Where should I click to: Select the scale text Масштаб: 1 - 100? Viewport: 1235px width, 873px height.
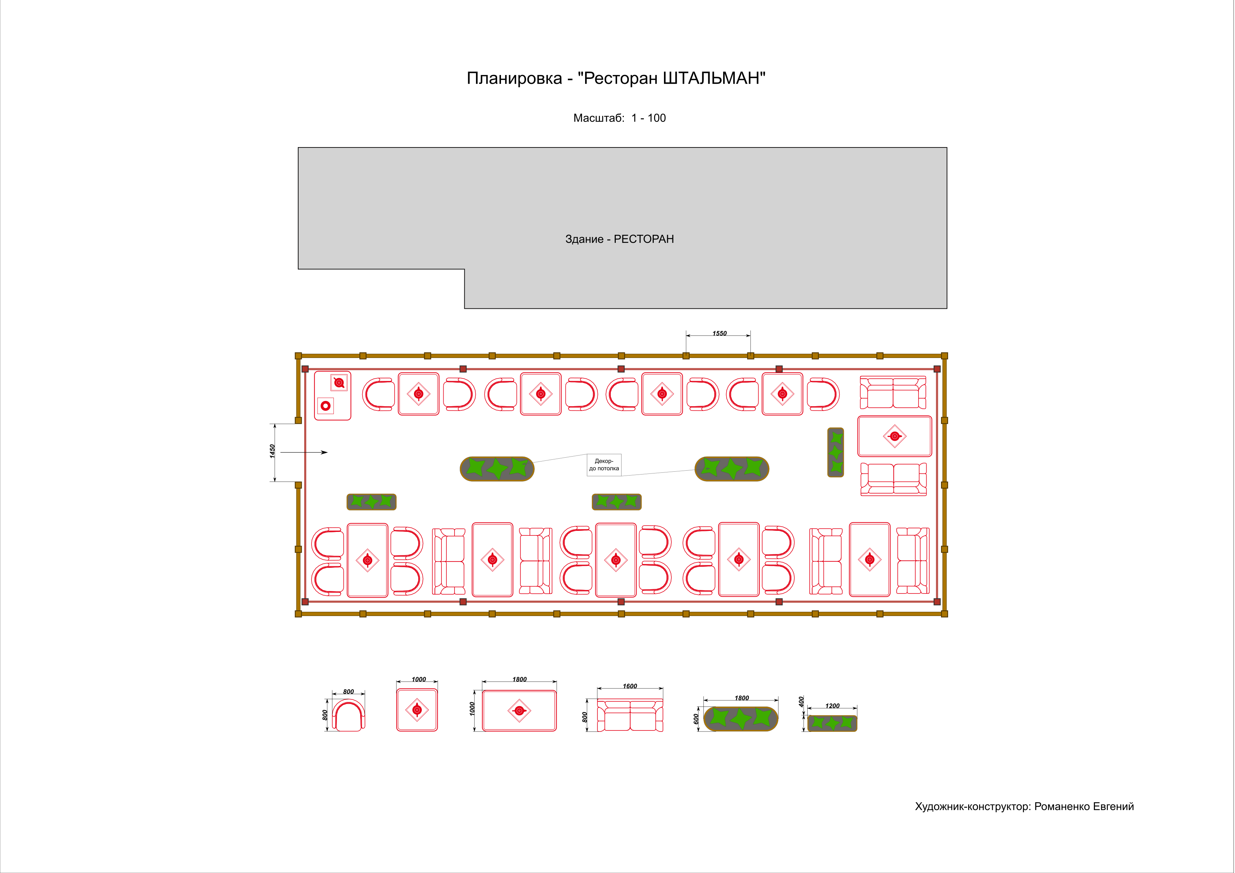click(619, 118)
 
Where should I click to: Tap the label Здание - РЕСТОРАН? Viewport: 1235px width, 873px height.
click(619, 239)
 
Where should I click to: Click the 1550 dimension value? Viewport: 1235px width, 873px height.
click(719, 333)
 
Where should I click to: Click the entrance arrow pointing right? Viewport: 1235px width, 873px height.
click(304, 452)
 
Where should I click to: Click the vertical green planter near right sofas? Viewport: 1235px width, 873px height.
click(835, 452)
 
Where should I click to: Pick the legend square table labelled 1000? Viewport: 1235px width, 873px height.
click(417, 710)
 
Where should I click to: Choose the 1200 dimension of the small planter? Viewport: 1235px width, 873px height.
click(832, 706)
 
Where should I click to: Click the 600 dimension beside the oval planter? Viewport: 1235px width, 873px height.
click(696, 718)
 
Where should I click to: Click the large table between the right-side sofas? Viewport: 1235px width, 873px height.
click(895, 436)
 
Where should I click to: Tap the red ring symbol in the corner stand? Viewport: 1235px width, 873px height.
click(325, 406)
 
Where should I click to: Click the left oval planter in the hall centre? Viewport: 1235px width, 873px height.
click(497, 469)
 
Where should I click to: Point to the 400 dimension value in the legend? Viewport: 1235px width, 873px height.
click(801, 702)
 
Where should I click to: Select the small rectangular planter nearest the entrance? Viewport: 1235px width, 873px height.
click(371, 502)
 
